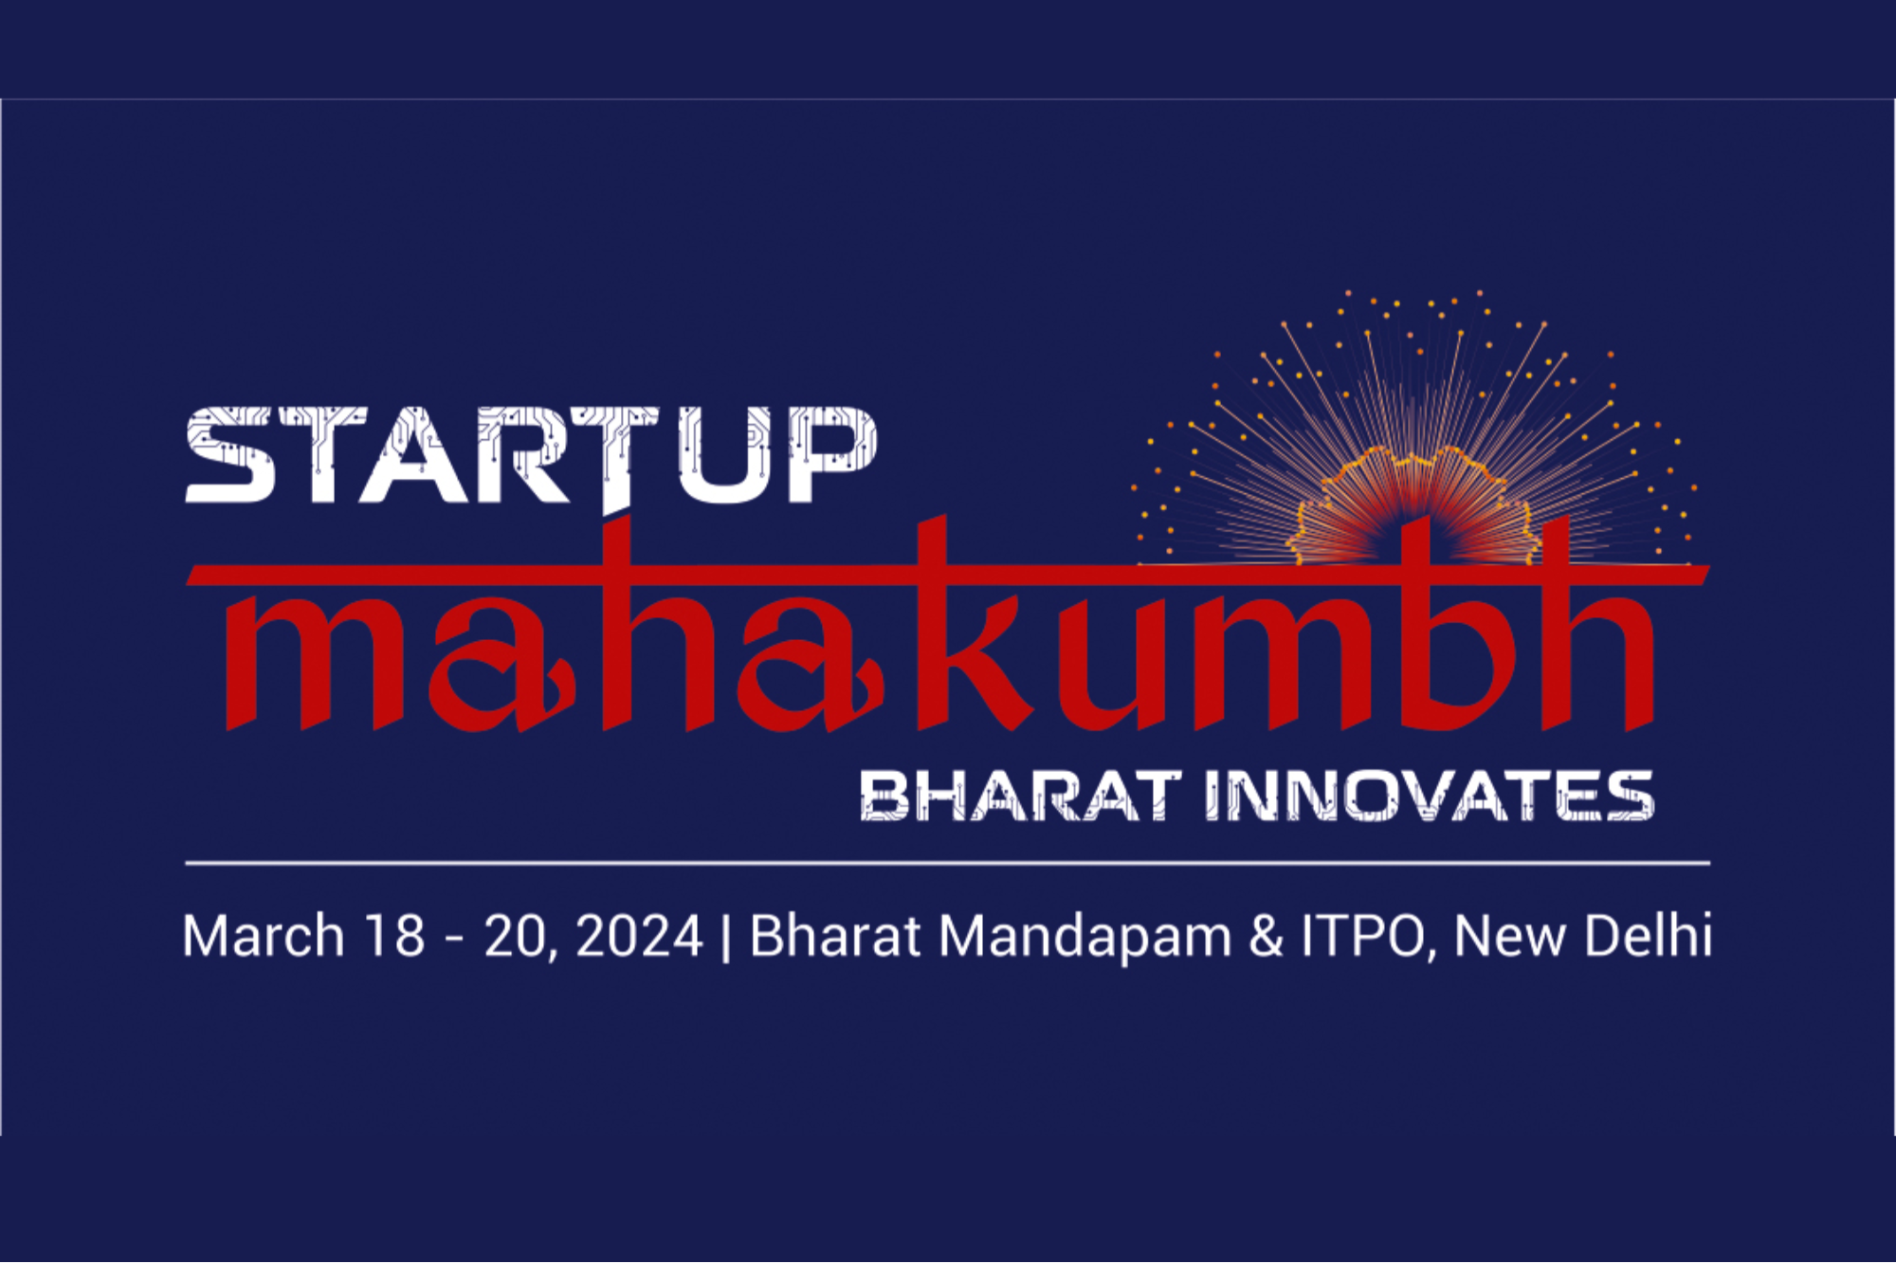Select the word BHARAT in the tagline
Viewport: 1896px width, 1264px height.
(1020, 795)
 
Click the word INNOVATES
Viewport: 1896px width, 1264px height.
(1430, 795)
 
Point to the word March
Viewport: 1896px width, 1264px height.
(263, 936)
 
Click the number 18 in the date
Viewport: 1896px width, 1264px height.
(395, 936)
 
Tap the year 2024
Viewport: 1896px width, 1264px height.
(640, 936)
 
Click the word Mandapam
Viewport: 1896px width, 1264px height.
(1085, 936)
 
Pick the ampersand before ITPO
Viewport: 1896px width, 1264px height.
(1266, 936)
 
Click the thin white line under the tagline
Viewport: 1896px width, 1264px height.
(948, 864)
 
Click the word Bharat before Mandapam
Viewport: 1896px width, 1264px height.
(835, 936)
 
